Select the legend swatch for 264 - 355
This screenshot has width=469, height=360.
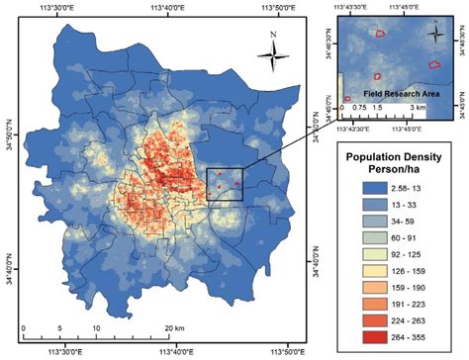click(x=364, y=336)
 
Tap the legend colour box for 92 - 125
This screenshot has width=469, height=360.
click(x=364, y=254)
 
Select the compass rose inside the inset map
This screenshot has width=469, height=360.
click(x=434, y=31)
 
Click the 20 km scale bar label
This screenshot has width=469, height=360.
click(x=175, y=326)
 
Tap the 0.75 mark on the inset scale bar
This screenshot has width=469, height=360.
click(x=358, y=105)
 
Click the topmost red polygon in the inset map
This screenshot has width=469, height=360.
click(x=379, y=34)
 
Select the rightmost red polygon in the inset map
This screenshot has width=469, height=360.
click(x=433, y=64)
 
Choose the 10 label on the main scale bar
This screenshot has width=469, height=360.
click(x=96, y=326)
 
